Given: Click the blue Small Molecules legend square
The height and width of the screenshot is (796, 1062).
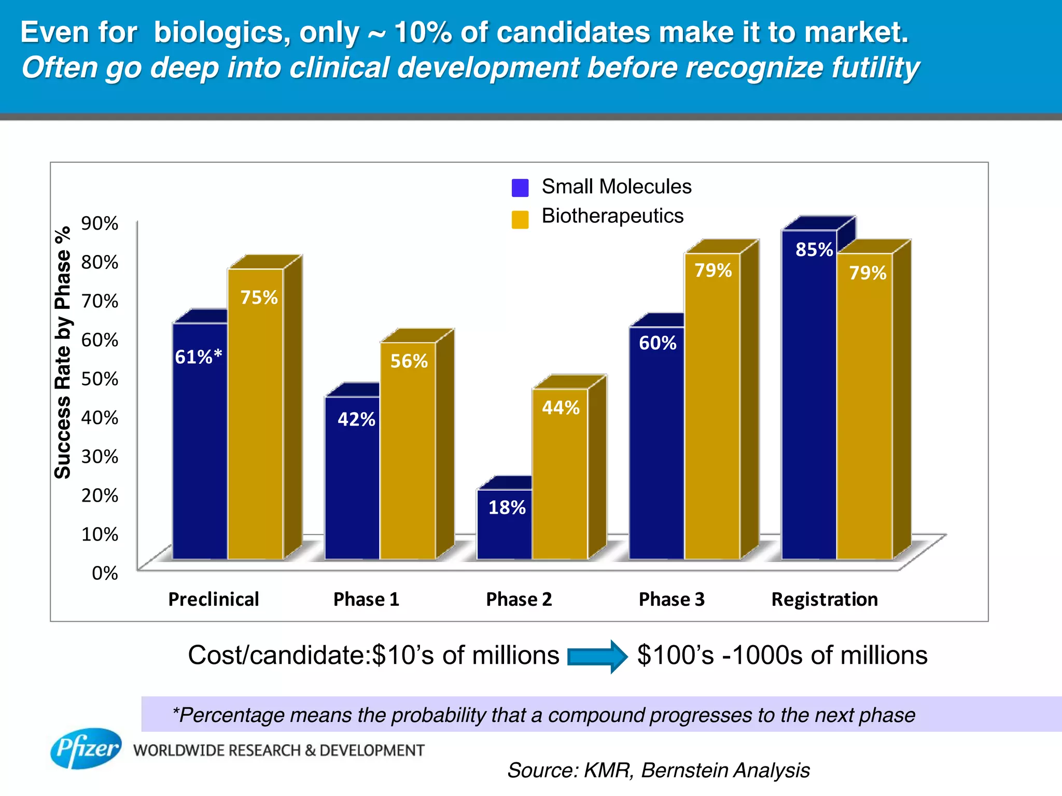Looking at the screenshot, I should tap(520, 188).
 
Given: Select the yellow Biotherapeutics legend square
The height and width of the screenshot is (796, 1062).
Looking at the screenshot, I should tap(520, 220).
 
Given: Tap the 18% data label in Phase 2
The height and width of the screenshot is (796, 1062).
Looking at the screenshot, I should tap(507, 508).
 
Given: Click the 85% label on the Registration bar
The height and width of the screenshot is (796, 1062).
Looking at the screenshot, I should tap(814, 250).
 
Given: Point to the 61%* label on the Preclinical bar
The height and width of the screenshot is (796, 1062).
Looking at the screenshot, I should tap(198, 357).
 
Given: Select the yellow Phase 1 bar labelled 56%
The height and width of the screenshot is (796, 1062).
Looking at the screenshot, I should tap(408, 456).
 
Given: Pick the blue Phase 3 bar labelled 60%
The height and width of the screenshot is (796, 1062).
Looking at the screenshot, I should tap(656, 446).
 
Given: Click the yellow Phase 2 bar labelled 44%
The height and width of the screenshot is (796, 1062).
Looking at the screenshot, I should tap(560, 477).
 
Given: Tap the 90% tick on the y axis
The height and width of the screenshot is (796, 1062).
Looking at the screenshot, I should tap(100, 223).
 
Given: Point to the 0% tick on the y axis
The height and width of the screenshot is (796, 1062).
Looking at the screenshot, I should tap(105, 573).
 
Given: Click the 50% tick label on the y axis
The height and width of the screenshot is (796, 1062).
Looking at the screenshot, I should tap(100, 379).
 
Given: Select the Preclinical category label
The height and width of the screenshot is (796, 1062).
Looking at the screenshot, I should tap(214, 600).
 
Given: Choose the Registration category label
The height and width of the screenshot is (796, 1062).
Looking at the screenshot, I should tap(825, 600).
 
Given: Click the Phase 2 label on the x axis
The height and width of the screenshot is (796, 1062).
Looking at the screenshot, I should tap(519, 600).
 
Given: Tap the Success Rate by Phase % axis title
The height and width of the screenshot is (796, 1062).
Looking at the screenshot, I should tap(63, 352).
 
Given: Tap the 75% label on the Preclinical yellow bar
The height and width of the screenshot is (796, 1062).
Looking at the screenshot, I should tap(259, 297).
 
